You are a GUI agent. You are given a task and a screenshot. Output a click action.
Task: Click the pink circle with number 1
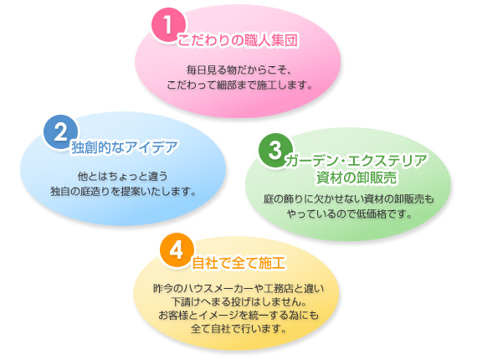pos(168,25)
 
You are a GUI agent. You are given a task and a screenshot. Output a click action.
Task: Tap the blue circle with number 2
pos(60,132)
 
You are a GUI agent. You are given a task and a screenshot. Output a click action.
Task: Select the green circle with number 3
pos(275,151)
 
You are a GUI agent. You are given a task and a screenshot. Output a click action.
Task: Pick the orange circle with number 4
pos(177,250)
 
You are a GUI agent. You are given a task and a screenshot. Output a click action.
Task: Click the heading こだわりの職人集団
pos(238,41)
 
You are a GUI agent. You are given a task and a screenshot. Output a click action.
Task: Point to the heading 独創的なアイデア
pos(125,147)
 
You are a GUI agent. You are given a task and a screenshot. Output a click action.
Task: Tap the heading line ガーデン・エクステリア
pos(356,161)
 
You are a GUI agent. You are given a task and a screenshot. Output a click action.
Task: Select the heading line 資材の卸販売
pos(356,177)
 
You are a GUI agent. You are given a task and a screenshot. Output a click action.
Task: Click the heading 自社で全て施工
pos(238,263)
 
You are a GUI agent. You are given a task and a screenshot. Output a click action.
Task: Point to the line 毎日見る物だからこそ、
pos(239,70)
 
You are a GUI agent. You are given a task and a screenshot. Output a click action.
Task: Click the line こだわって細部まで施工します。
pos(239,85)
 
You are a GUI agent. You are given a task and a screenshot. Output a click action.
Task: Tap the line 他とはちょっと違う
pos(122,176)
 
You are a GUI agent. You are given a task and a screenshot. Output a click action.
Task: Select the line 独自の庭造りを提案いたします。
pos(123,191)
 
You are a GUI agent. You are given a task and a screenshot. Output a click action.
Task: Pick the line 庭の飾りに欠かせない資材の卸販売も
pos(349,199)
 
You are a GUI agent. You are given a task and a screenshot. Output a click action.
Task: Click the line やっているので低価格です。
pos(350,214)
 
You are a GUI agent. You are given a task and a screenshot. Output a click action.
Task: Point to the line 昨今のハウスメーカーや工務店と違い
pos(238,288)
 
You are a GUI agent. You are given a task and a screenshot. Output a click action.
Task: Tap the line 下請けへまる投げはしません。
pos(238,301)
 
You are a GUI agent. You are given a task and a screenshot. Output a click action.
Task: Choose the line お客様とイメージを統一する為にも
pos(238,316)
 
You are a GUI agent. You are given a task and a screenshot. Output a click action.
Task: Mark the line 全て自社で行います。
pos(238,329)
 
